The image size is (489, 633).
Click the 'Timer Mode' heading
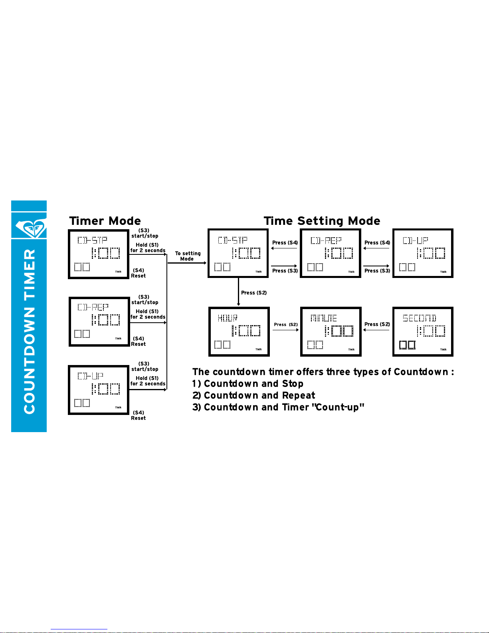coord(105,221)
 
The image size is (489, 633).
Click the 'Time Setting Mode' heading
coord(322,221)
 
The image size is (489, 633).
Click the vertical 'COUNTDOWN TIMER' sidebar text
coord(30,331)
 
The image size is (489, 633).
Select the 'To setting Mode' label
coord(187,256)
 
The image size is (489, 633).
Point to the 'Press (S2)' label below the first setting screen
coord(254,293)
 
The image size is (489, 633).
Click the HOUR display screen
coord(239,331)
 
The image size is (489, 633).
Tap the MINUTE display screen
coord(331,331)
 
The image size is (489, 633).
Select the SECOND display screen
coord(423,331)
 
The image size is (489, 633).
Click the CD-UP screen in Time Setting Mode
coord(423,253)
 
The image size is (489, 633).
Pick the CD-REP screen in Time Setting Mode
coord(331,253)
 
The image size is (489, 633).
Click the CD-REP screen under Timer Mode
coord(99,321)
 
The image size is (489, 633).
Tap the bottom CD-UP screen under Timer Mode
coord(99,390)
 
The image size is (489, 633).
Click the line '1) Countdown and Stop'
coord(248,384)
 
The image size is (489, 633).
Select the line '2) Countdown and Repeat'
coord(254,395)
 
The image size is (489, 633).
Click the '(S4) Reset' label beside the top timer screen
coord(139,273)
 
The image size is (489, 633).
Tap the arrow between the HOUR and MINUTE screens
coord(285,330)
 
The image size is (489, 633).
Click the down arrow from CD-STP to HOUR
coord(239,292)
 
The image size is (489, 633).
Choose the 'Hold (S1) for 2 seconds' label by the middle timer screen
coord(148,314)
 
